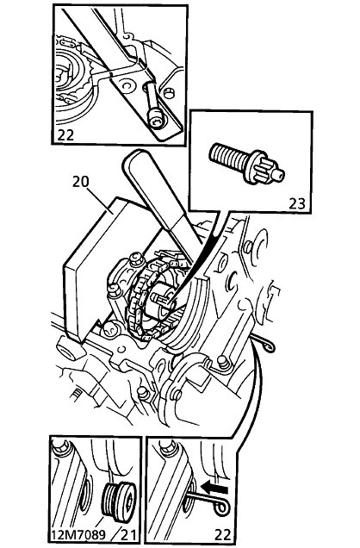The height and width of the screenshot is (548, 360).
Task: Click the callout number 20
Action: (x=81, y=182)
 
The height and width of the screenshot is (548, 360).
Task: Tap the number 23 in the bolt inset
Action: (x=297, y=203)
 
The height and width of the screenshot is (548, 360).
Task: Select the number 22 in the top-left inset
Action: (x=65, y=135)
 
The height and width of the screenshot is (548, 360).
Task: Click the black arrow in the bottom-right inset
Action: (x=214, y=488)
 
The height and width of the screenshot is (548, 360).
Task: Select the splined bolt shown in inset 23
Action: (x=246, y=164)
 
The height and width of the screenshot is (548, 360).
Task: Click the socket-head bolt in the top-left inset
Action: (x=154, y=107)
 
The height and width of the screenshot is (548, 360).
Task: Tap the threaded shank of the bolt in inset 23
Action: (x=228, y=156)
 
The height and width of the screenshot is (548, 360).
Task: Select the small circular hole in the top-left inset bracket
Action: (x=126, y=84)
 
